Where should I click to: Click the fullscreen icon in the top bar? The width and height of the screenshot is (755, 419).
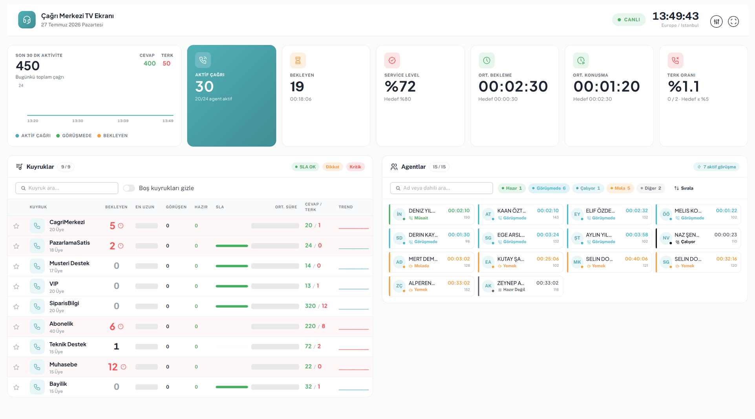(733, 21)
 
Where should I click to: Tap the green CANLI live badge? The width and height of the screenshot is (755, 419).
(629, 20)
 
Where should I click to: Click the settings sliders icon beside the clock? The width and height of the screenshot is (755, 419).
(716, 21)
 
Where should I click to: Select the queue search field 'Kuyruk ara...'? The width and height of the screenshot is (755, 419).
(67, 188)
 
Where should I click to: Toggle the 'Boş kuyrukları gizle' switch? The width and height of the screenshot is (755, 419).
(129, 188)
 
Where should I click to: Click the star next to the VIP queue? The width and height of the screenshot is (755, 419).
(16, 286)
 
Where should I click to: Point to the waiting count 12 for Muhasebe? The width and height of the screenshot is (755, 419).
(113, 367)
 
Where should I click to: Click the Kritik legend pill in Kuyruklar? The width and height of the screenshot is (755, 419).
(355, 167)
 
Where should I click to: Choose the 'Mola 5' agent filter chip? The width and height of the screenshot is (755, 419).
(620, 188)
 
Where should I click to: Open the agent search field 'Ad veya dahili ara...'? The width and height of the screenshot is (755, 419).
(441, 188)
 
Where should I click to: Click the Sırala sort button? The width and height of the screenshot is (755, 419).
(684, 188)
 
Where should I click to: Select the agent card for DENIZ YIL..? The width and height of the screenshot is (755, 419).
(431, 214)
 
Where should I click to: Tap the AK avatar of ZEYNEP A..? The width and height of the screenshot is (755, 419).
(488, 286)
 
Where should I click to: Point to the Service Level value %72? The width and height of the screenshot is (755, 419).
(400, 86)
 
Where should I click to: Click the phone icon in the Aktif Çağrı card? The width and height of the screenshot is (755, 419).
(203, 60)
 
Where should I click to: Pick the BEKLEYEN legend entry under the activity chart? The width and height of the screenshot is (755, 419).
(113, 136)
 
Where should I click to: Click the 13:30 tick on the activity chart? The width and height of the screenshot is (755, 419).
(78, 121)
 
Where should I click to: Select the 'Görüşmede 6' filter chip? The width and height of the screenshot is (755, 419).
(549, 188)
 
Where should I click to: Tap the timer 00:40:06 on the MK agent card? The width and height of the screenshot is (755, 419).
(636, 259)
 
